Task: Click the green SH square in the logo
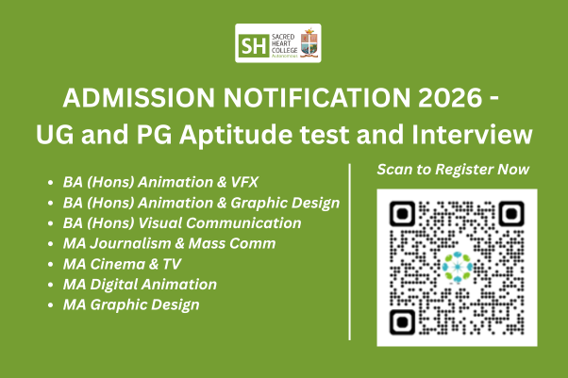point(254,45)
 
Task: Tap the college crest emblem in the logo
point(309,42)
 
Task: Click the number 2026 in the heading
point(450,98)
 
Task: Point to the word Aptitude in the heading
point(236,135)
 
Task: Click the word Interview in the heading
point(472,134)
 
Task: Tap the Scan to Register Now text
point(453,170)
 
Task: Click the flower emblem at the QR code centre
point(458,267)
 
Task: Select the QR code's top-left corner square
point(402,214)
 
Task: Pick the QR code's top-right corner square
point(511,214)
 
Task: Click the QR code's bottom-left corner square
point(402,321)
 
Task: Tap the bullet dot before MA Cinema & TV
point(50,265)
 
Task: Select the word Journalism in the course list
point(130,243)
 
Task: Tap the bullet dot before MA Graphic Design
point(50,305)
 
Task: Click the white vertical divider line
point(349,252)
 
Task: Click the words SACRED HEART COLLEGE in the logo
point(284,43)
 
